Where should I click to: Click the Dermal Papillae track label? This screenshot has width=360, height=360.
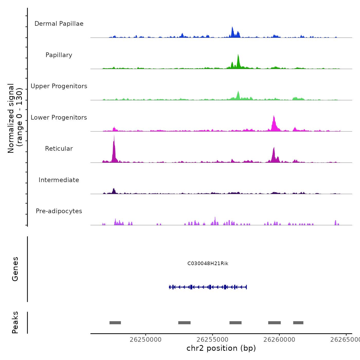click(x=59, y=24)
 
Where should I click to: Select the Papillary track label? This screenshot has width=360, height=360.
click(x=59, y=55)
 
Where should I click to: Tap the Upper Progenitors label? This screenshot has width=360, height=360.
click(x=59, y=86)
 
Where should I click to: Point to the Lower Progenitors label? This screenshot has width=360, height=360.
click(x=59, y=118)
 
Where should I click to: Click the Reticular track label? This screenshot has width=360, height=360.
click(x=59, y=149)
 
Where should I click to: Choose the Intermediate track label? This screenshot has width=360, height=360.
click(x=59, y=180)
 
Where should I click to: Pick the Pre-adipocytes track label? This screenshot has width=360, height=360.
click(x=59, y=211)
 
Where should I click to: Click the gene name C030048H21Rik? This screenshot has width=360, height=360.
click(x=208, y=264)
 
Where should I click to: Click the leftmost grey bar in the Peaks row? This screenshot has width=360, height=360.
click(x=115, y=323)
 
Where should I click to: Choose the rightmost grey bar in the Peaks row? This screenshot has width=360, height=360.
click(x=298, y=323)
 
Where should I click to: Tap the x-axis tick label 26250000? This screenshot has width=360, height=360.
click(x=146, y=340)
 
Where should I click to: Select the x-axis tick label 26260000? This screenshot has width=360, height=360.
click(x=279, y=340)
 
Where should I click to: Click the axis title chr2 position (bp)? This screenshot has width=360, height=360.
click(x=221, y=348)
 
